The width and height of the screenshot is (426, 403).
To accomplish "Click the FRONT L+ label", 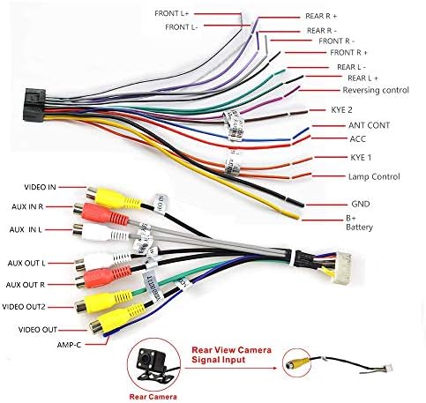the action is pos(172,13).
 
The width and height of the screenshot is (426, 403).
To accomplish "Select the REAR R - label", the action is pos(322,31).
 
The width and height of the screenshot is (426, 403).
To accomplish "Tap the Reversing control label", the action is pos(376,90).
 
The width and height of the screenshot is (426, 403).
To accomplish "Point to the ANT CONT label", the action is pos(369,125).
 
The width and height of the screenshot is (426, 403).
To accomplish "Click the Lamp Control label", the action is pos(374,176).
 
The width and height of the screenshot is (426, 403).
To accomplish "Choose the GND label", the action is pos(361,204).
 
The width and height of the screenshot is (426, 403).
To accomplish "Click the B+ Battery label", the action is pos(359,223).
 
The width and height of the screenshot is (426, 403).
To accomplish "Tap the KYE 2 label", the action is pos(341,110).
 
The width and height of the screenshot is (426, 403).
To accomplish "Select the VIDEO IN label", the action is pos(40,187).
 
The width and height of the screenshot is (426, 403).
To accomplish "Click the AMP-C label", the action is pos(69,345).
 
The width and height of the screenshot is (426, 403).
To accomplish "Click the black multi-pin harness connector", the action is pos(34,105).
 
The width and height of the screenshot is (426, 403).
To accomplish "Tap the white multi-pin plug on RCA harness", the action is pos(341,268).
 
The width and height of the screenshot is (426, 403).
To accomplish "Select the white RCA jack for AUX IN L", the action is pos(101,232).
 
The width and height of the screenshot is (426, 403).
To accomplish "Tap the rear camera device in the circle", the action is pos(153,363).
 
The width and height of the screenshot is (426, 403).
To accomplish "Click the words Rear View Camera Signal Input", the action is pos(231,354).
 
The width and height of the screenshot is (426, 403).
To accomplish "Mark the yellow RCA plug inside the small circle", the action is pos(297,363).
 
